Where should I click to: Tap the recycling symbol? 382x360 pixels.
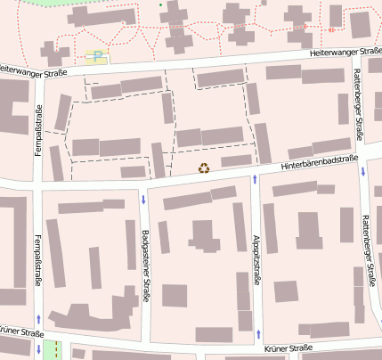(204, 167)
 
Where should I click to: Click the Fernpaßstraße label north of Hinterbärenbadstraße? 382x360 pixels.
(38, 130)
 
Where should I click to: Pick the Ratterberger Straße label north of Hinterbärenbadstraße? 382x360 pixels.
(358, 105)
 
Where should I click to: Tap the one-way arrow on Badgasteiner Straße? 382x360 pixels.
(142, 198)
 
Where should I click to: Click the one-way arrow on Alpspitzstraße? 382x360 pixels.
(256, 181)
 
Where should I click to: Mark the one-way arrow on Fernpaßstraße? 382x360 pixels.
(38, 318)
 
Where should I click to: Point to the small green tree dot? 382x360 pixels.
(160, 5)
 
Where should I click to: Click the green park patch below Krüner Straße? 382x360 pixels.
(53, 349)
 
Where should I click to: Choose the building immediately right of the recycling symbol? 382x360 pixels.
(236, 160)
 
